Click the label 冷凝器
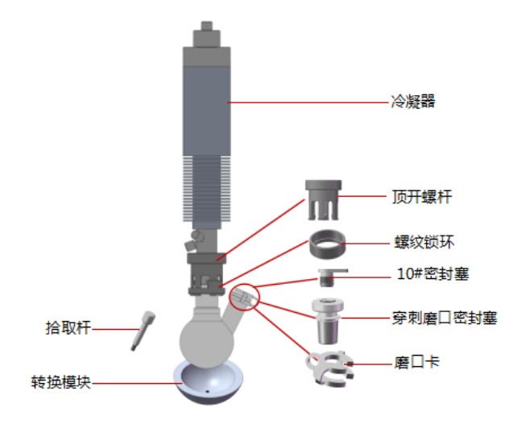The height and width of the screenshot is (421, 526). pyautogui.click(x=413, y=102)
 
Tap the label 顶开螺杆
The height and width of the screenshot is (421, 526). pyautogui.click(x=422, y=197)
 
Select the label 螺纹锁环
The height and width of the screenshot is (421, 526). pyautogui.click(x=425, y=242)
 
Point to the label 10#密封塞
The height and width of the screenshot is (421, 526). pyautogui.click(x=433, y=274)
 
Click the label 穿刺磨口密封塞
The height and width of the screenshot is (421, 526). pyautogui.click(x=445, y=318)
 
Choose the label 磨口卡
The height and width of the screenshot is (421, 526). pyautogui.click(x=416, y=363)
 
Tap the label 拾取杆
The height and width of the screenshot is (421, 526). pyautogui.click(x=68, y=327)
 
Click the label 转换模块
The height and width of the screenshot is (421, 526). pyautogui.click(x=60, y=382)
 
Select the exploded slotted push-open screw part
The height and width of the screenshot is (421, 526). pyautogui.click(x=323, y=200)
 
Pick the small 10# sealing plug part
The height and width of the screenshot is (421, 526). pyautogui.click(x=330, y=277)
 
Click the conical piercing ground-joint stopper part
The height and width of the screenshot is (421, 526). pyautogui.click(x=328, y=321)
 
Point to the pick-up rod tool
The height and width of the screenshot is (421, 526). pyautogui.click(x=143, y=331)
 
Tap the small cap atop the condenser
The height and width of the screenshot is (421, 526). pyautogui.click(x=207, y=26)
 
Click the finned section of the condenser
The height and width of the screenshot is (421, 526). pyautogui.click(x=207, y=189)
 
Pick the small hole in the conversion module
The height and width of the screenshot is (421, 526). pyautogui.click(x=207, y=391)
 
